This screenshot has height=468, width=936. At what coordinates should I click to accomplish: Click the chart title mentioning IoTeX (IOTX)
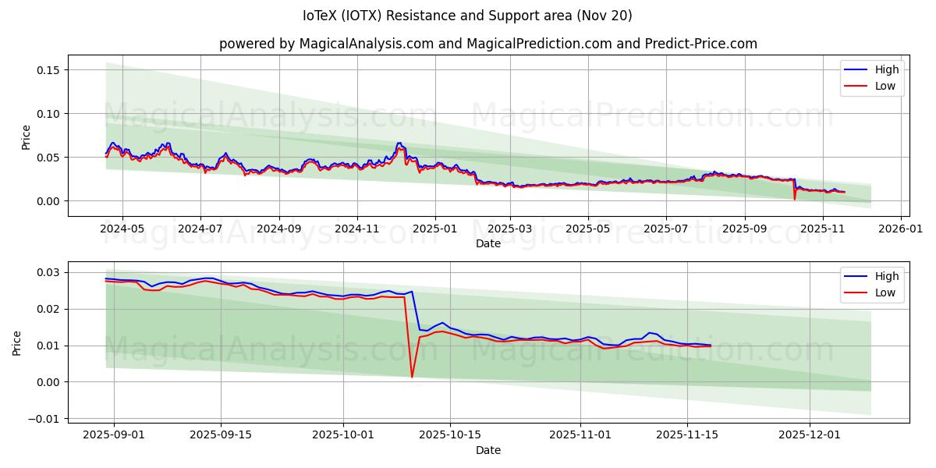[x=467, y=16]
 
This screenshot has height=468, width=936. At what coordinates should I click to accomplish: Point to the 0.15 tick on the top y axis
[x=48, y=70]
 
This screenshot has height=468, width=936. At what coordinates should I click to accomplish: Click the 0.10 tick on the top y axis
[x=48, y=114]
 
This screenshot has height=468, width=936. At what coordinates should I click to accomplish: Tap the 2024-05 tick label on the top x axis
[x=122, y=229]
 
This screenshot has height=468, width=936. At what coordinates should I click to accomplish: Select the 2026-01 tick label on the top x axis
[x=901, y=229]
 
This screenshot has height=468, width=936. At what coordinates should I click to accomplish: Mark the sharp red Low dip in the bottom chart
[x=412, y=377]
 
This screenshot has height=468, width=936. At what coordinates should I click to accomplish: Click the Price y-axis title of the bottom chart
[x=17, y=342]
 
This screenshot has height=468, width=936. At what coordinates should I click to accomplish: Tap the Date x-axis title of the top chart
[x=488, y=243]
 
